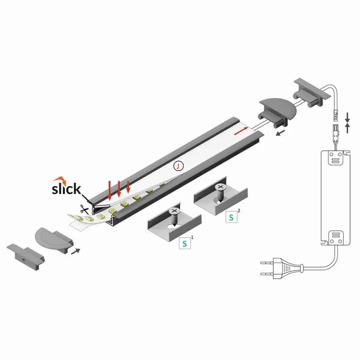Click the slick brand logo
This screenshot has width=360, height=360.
66,186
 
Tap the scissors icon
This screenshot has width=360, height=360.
84,209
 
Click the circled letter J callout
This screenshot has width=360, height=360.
179,166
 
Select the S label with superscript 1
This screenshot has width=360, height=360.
185,244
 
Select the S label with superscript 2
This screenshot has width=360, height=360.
231,217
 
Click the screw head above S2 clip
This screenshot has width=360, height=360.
220,187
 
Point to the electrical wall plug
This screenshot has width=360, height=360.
281,268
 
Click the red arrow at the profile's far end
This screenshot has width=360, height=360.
241,130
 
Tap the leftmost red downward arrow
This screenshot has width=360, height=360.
110,190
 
